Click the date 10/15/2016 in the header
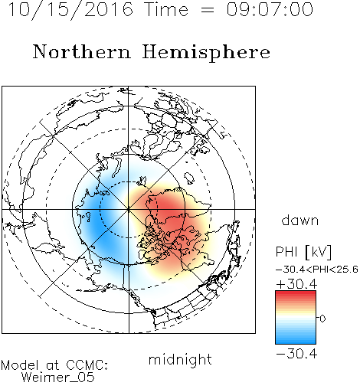[x=70, y=10]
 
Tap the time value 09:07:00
[x=270, y=9]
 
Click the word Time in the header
[x=166, y=9]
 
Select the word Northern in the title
[x=81, y=51]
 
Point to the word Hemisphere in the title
[x=206, y=53]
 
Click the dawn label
[x=300, y=220]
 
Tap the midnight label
[x=180, y=359]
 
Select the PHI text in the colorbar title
[x=286, y=252]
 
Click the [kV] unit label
[x=318, y=252]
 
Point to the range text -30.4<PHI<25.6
[x=317, y=270]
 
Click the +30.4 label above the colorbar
[x=296, y=284]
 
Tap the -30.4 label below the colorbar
[x=296, y=354]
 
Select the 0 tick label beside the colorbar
[x=322, y=319]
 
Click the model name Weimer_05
[x=58, y=378]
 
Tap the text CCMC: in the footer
[x=87, y=365]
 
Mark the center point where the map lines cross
[x=129, y=209]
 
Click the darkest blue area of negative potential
[x=97, y=224]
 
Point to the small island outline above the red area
[x=188, y=178]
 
